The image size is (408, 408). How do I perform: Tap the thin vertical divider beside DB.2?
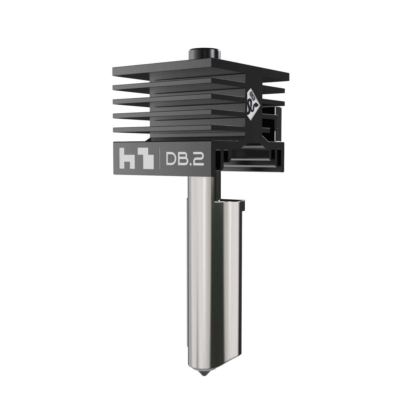160,160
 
